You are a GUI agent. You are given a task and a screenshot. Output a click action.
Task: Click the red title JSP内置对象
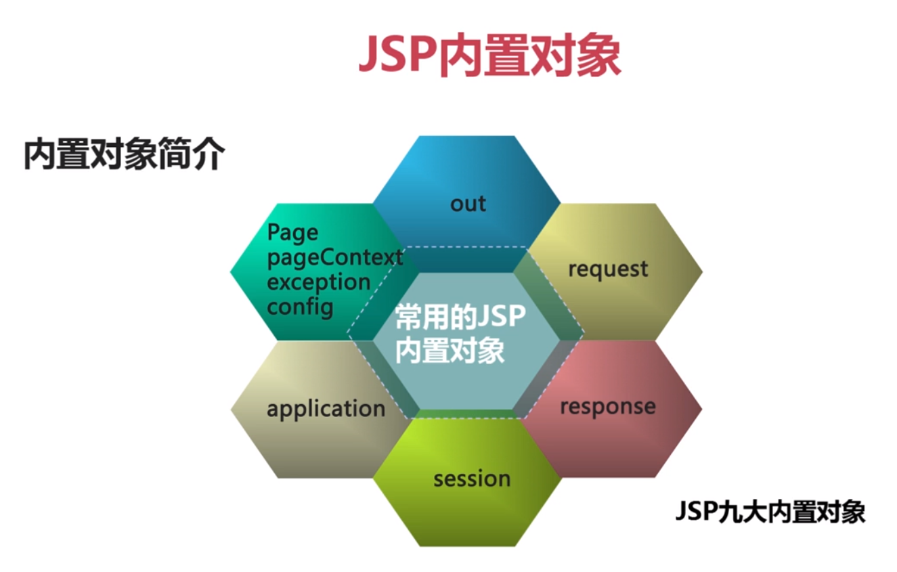click(489, 56)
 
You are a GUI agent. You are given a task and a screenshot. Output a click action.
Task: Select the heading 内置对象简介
click(124, 154)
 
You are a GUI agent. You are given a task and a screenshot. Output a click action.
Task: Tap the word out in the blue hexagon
click(468, 204)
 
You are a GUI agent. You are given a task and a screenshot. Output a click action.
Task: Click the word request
click(608, 269)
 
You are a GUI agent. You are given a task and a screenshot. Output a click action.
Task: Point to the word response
click(608, 407)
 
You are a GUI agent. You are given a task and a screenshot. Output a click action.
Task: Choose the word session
click(472, 479)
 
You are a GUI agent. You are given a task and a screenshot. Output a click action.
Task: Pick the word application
click(326, 409)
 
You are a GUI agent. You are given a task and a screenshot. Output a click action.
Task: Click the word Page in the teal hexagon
click(292, 233)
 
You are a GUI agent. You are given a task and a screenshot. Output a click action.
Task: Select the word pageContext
click(335, 257)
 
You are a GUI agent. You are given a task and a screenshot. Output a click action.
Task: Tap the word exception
click(319, 282)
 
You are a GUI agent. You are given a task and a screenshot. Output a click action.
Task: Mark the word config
click(300, 308)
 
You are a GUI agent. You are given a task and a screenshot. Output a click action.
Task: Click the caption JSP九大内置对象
click(770, 512)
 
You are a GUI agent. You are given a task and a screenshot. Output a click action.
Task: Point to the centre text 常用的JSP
click(460, 317)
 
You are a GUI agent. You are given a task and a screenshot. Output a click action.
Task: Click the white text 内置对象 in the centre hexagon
click(450, 351)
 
